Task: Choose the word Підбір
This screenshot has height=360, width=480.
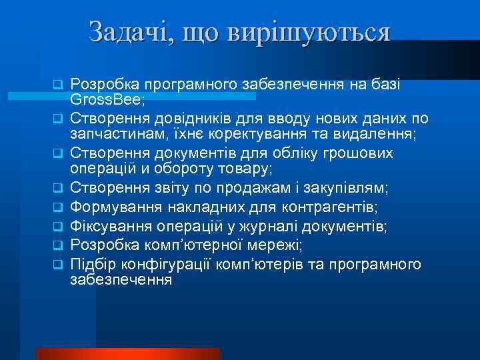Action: pyautogui.click(x=91, y=264)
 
